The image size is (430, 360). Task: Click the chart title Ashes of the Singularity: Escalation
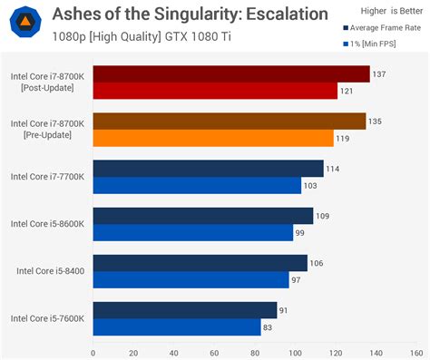177,15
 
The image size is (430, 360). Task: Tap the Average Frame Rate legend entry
382,27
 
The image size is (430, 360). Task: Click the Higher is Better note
379,11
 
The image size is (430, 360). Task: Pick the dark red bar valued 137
230,74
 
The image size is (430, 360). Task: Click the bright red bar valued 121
215,91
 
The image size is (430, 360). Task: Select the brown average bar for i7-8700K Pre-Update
229,122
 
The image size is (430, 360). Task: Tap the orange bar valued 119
213,138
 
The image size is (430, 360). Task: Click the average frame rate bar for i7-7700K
208,169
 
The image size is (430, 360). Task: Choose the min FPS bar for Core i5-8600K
192,232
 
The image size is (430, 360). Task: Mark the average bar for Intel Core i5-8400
200,263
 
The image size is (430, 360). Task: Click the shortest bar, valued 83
177,326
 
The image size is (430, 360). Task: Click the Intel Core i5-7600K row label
47,318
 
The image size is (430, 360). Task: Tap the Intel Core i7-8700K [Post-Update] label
47,83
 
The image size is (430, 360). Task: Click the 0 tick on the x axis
93,353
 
